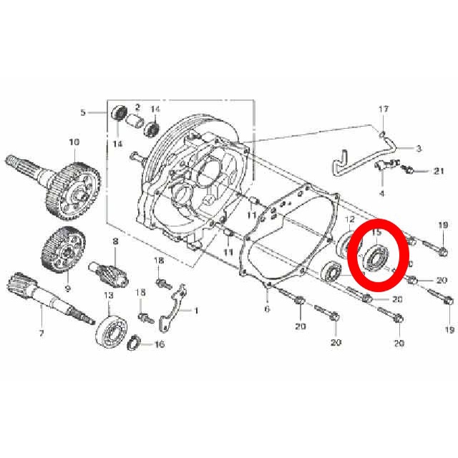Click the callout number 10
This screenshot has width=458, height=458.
[74, 142]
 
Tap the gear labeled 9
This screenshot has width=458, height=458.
[64, 249]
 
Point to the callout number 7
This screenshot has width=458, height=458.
[42, 333]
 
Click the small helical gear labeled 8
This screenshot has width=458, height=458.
[108, 273]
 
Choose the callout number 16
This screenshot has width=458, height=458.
[160, 344]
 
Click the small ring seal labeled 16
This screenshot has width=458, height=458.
[133, 343]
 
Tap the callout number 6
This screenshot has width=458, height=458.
[267, 308]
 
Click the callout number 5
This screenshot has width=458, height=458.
[83, 112]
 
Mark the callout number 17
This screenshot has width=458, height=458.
[384, 109]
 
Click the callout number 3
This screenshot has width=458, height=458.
[419, 148]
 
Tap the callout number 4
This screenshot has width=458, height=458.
[381, 193]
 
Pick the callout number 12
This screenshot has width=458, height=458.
[350, 220]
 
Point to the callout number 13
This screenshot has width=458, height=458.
[108, 296]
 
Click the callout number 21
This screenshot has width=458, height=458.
[439, 171]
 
